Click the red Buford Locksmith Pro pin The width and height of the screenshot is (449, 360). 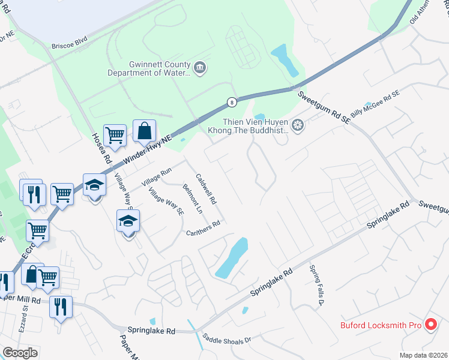tap(430, 325)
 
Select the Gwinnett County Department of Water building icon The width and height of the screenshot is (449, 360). tap(200, 68)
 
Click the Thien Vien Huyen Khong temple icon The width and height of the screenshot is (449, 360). tap(298, 125)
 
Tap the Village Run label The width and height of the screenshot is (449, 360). tap(156, 176)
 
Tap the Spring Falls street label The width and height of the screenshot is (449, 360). tap(316, 284)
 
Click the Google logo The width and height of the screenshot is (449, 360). tap(20, 353)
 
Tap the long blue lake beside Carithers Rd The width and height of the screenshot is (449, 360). tap(232, 257)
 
